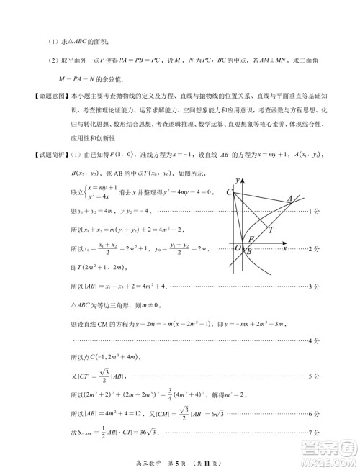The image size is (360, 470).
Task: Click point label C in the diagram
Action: click(229, 192)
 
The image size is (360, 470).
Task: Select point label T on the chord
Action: click(270, 230)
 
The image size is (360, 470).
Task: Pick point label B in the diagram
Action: click(248, 252)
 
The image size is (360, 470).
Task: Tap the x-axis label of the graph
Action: click(284, 248)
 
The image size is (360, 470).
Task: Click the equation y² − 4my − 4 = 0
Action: click(156, 193)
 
